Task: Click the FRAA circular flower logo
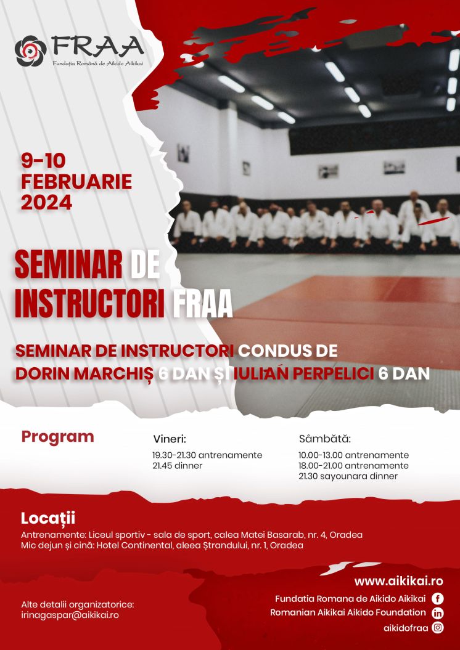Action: [31, 51]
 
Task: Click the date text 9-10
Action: [44, 161]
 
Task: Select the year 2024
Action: [46, 203]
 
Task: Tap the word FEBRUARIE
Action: [76, 182]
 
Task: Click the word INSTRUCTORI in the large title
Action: [91, 304]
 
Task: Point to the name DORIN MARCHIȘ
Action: [84, 373]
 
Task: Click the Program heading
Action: [58, 437]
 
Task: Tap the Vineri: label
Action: [170, 439]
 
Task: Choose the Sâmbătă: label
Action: [325, 439]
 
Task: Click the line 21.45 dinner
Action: [178, 466]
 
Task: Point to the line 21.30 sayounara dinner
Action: [348, 476]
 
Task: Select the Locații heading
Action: [47, 518]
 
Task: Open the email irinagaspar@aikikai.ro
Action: [70, 615]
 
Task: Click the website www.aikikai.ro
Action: [398, 581]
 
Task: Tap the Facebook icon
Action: [437, 599]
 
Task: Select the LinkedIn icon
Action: [437, 613]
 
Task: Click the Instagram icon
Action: [437, 628]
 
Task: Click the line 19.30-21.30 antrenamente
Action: [207, 455]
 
